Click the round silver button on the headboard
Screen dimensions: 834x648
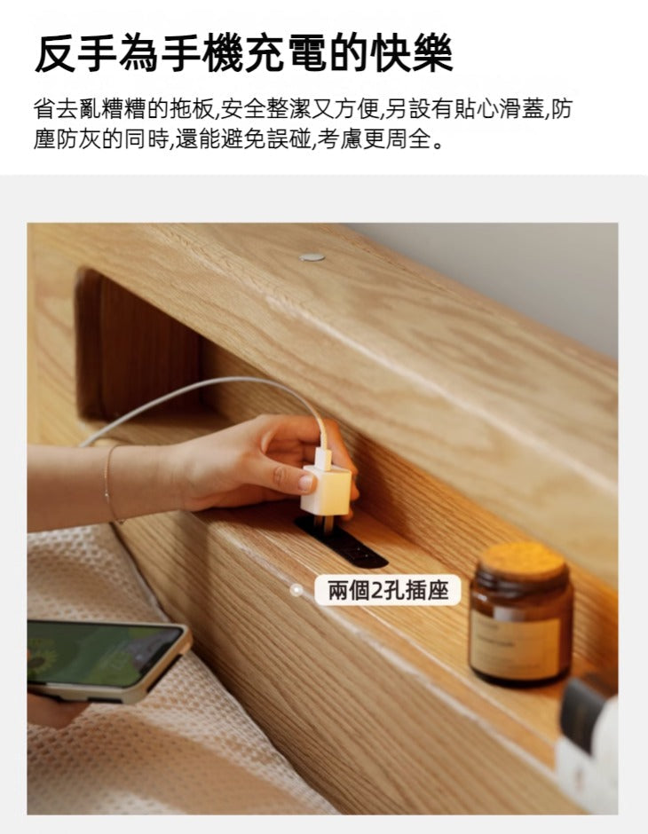[x=312, y=257]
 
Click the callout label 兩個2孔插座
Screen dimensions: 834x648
[x=389, y=590]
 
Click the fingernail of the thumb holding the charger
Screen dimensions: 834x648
[x=305, y=482]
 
